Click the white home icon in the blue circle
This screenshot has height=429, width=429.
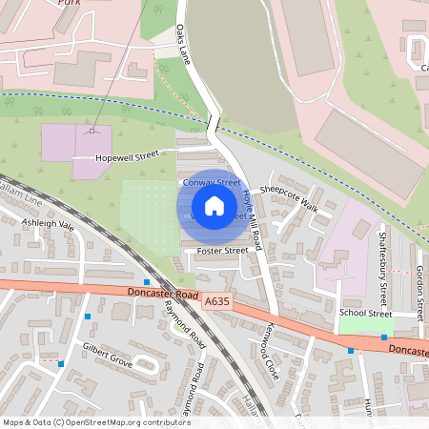[214, 205]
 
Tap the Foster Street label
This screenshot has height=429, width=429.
[222, 251]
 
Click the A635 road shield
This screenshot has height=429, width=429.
[217, 301]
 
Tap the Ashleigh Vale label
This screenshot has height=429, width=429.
[48, 225]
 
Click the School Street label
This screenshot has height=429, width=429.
[365, 313]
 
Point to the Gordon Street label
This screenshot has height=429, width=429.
[419, 286]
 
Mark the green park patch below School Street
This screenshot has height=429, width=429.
[366, 325]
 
